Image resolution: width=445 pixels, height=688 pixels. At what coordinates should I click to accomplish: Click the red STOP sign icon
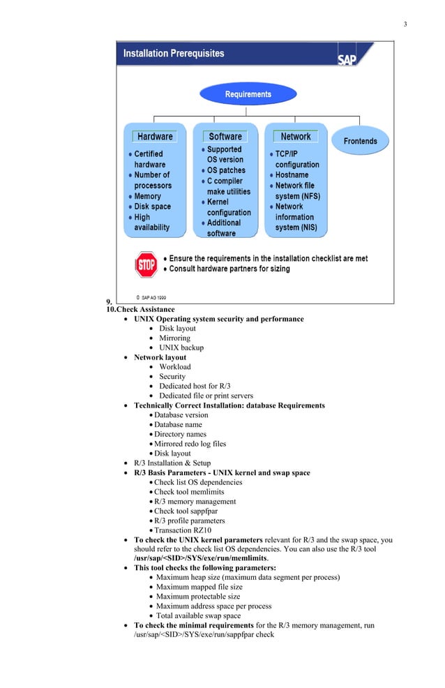146,264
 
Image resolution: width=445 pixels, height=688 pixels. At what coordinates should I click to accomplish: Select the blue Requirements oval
248,94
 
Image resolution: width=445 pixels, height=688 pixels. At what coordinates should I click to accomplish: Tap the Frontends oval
360,141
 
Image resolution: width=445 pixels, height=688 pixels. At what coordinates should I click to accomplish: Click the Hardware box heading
155,137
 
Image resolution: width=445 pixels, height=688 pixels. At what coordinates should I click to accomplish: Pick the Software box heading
225,137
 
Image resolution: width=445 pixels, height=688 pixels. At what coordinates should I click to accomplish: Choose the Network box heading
296,137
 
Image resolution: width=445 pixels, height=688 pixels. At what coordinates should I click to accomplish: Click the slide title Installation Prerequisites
174,53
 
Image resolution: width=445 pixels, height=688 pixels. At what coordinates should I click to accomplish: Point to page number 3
405,25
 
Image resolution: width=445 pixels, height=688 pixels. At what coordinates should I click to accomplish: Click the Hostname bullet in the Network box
292,175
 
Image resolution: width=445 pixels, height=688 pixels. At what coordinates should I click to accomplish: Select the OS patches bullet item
226,170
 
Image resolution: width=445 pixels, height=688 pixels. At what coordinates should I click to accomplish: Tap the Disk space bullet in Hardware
152,207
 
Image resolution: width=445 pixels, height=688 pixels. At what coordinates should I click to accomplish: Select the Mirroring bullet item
174,338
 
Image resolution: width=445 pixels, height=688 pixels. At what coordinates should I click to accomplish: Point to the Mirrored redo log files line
190,443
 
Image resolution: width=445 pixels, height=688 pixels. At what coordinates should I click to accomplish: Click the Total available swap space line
198,616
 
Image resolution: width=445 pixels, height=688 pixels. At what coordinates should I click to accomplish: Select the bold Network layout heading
160,357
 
